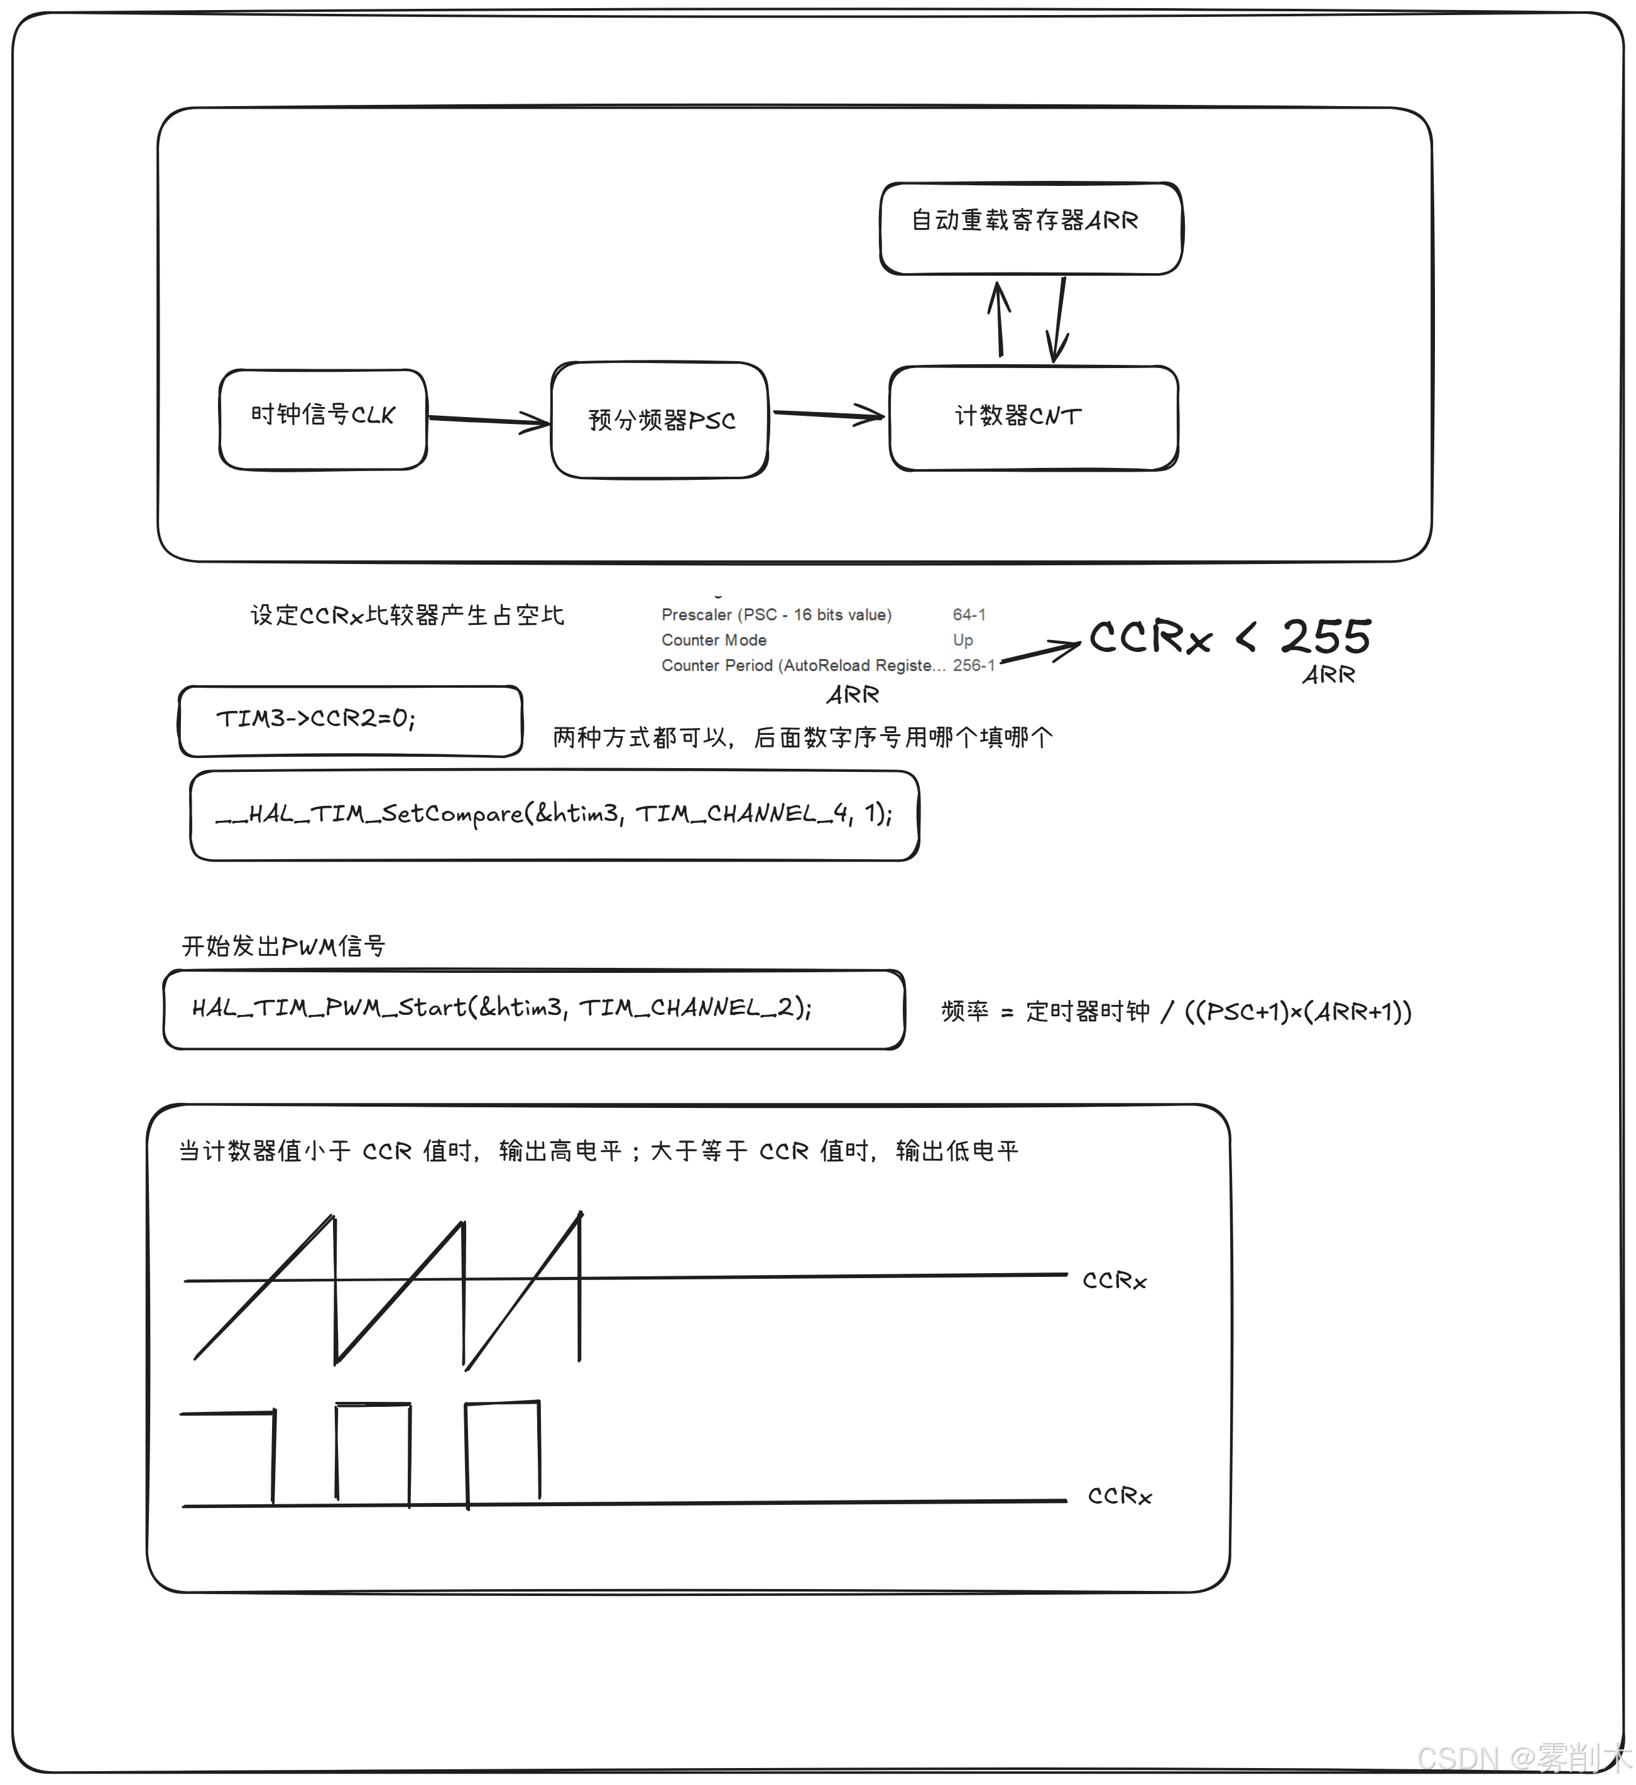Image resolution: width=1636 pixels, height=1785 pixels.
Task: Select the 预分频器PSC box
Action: [660, 421]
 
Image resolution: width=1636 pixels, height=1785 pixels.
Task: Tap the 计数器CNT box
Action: [1033, 418]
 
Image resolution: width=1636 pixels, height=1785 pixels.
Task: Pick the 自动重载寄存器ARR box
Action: [1031, 229]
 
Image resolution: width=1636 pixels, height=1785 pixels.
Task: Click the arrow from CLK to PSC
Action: [489, 421]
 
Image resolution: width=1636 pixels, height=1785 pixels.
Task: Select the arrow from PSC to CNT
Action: [828, 413]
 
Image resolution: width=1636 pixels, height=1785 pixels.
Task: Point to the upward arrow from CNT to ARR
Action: [1000, 320]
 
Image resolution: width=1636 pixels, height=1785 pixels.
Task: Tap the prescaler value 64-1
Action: [969, 614]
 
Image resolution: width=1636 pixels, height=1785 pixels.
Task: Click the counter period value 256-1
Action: [973, 665]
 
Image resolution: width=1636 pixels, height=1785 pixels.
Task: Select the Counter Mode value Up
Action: [963, 640]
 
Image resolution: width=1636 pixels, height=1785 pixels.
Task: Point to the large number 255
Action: [1326, 637]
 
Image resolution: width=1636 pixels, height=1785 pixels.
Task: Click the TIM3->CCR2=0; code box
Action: [351, 721]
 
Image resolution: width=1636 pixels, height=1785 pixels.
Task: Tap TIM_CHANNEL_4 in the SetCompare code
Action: [744, 814]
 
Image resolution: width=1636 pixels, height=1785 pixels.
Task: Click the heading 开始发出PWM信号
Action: [283, 947]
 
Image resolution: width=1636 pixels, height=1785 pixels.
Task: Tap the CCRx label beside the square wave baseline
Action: [1120, 1496]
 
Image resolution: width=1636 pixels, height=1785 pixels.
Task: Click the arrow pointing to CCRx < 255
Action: [1041, 653]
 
